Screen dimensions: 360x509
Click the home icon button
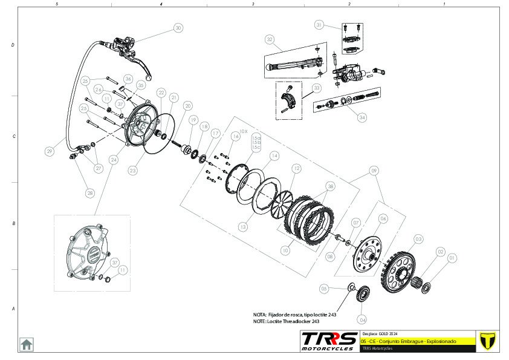pos(27,344)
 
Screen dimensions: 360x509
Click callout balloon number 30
pos(178,28)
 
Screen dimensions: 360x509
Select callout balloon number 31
pos(319,25)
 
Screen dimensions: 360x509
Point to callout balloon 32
pos(270,39)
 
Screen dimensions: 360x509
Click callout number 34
pos(362,117)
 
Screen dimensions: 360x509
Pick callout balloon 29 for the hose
pos(50,152)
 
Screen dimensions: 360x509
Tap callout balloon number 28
pos(91,193)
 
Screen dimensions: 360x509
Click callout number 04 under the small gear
pos(362,319)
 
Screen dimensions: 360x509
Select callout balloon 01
pos(452,258)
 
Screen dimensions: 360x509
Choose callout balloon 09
pos(374,171)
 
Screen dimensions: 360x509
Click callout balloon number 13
pos(242,227)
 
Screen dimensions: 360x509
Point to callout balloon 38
pos(330,186)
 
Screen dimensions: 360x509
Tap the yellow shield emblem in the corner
pos(487,341)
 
